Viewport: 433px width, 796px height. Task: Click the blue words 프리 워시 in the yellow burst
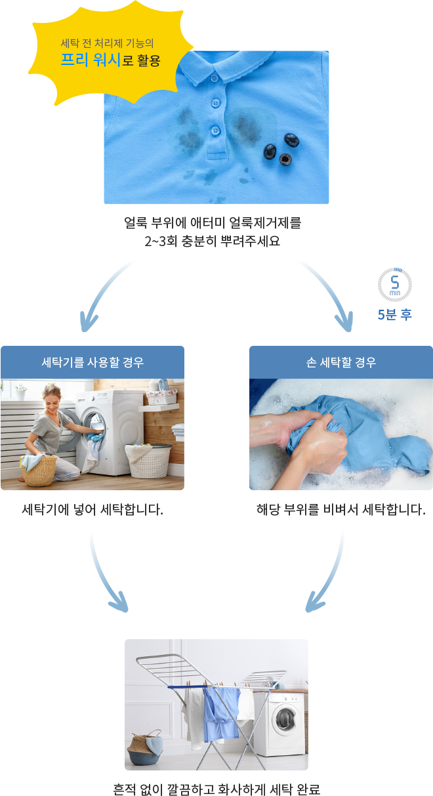91,59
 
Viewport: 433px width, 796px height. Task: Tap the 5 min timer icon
395,285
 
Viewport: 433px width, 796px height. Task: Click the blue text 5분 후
395,314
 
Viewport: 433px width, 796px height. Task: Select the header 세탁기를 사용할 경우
93,362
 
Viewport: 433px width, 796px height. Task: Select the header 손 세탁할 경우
341,362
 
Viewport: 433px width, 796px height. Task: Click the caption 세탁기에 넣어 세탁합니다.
93,510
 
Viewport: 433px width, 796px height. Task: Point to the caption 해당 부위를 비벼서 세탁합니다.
341,510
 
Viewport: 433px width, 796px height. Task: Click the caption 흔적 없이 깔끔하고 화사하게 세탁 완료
216,789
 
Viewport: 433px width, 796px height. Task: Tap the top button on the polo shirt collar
213,78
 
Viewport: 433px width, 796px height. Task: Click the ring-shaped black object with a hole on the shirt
285,159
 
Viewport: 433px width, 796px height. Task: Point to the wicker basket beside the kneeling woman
38,470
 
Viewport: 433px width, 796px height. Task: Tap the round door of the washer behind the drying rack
285,719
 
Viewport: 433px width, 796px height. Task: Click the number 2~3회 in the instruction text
161,241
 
